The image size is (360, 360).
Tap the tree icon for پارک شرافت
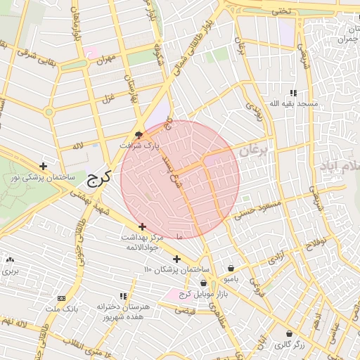click(139, 134)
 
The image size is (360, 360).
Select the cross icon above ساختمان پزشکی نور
click(44, 167)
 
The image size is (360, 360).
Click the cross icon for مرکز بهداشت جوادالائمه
click(143, 226)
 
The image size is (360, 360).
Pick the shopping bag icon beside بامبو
click(231, 267)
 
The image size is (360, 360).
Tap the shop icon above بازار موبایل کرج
click(203, 283)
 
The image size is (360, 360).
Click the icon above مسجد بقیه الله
click(293, 93)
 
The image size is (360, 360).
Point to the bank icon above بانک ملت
click(60, 298)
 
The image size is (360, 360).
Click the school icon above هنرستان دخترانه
click(123, 297)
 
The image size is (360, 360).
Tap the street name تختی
click(281, 11)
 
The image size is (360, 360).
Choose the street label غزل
click(108, 96)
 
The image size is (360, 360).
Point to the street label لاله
click(77, 146)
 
